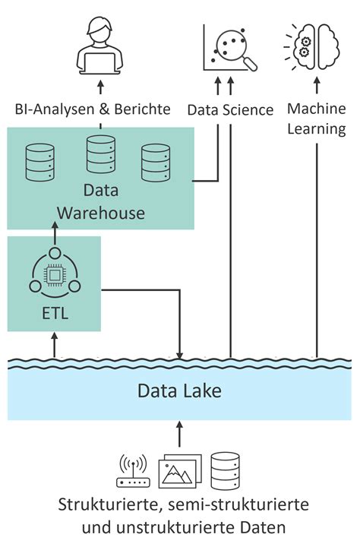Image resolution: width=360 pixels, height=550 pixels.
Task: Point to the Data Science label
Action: click(230, 110)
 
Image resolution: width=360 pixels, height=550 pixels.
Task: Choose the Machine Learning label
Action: click(317, 119)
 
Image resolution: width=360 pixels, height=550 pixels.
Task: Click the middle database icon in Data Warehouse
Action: click(100, 155)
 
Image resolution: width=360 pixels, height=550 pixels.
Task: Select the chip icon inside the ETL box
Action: click(54, 275)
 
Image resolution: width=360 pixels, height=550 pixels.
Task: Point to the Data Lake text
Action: click(180, 391)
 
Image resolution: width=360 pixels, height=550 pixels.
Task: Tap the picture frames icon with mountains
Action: click(179, 472)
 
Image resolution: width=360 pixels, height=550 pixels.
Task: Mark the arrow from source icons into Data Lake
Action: click(180, 435)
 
